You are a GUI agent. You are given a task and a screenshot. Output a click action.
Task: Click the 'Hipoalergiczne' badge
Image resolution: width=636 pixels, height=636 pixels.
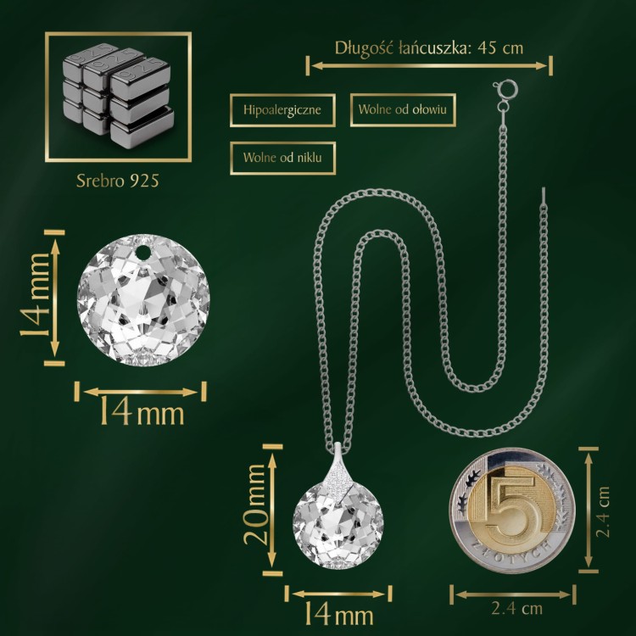tap(282, 110)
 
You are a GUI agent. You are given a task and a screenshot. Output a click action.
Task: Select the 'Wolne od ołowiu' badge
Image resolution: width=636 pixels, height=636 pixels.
tap(403, 109)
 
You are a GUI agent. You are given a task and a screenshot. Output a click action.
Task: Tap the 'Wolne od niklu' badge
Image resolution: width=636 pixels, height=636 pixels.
tap(282, 158)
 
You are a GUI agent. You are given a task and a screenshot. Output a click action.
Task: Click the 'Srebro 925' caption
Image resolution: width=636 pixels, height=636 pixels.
tap(118, 181)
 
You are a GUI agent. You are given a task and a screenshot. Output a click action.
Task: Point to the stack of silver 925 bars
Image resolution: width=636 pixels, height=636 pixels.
tap(119, 96)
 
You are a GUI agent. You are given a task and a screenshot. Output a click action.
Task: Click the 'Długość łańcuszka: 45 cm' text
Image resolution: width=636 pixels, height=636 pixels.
tap(429, 47)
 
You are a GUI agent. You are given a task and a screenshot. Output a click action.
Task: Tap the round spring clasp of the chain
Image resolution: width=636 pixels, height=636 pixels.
tap(505, 88)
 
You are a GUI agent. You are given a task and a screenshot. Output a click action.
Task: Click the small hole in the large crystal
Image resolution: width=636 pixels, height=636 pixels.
tap(142, 253)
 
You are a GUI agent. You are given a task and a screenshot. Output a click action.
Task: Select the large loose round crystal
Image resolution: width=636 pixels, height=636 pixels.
tap(143, 299)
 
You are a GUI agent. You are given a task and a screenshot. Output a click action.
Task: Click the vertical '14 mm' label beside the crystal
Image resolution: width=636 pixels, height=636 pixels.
tap(35, 295)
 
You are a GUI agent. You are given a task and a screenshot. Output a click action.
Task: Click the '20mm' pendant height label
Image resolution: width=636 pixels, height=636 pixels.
tap(256, 505)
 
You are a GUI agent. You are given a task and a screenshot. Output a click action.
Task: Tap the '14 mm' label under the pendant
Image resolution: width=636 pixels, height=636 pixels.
tap(338, 614)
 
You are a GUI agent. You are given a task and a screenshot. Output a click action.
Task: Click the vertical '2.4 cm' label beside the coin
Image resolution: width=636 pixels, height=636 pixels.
tap(603, 511)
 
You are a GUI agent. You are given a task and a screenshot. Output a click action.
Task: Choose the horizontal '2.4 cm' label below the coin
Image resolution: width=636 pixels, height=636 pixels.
tap(516, 609)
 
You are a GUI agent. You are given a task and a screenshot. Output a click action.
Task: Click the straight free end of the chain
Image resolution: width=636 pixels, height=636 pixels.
tap(544, 196)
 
